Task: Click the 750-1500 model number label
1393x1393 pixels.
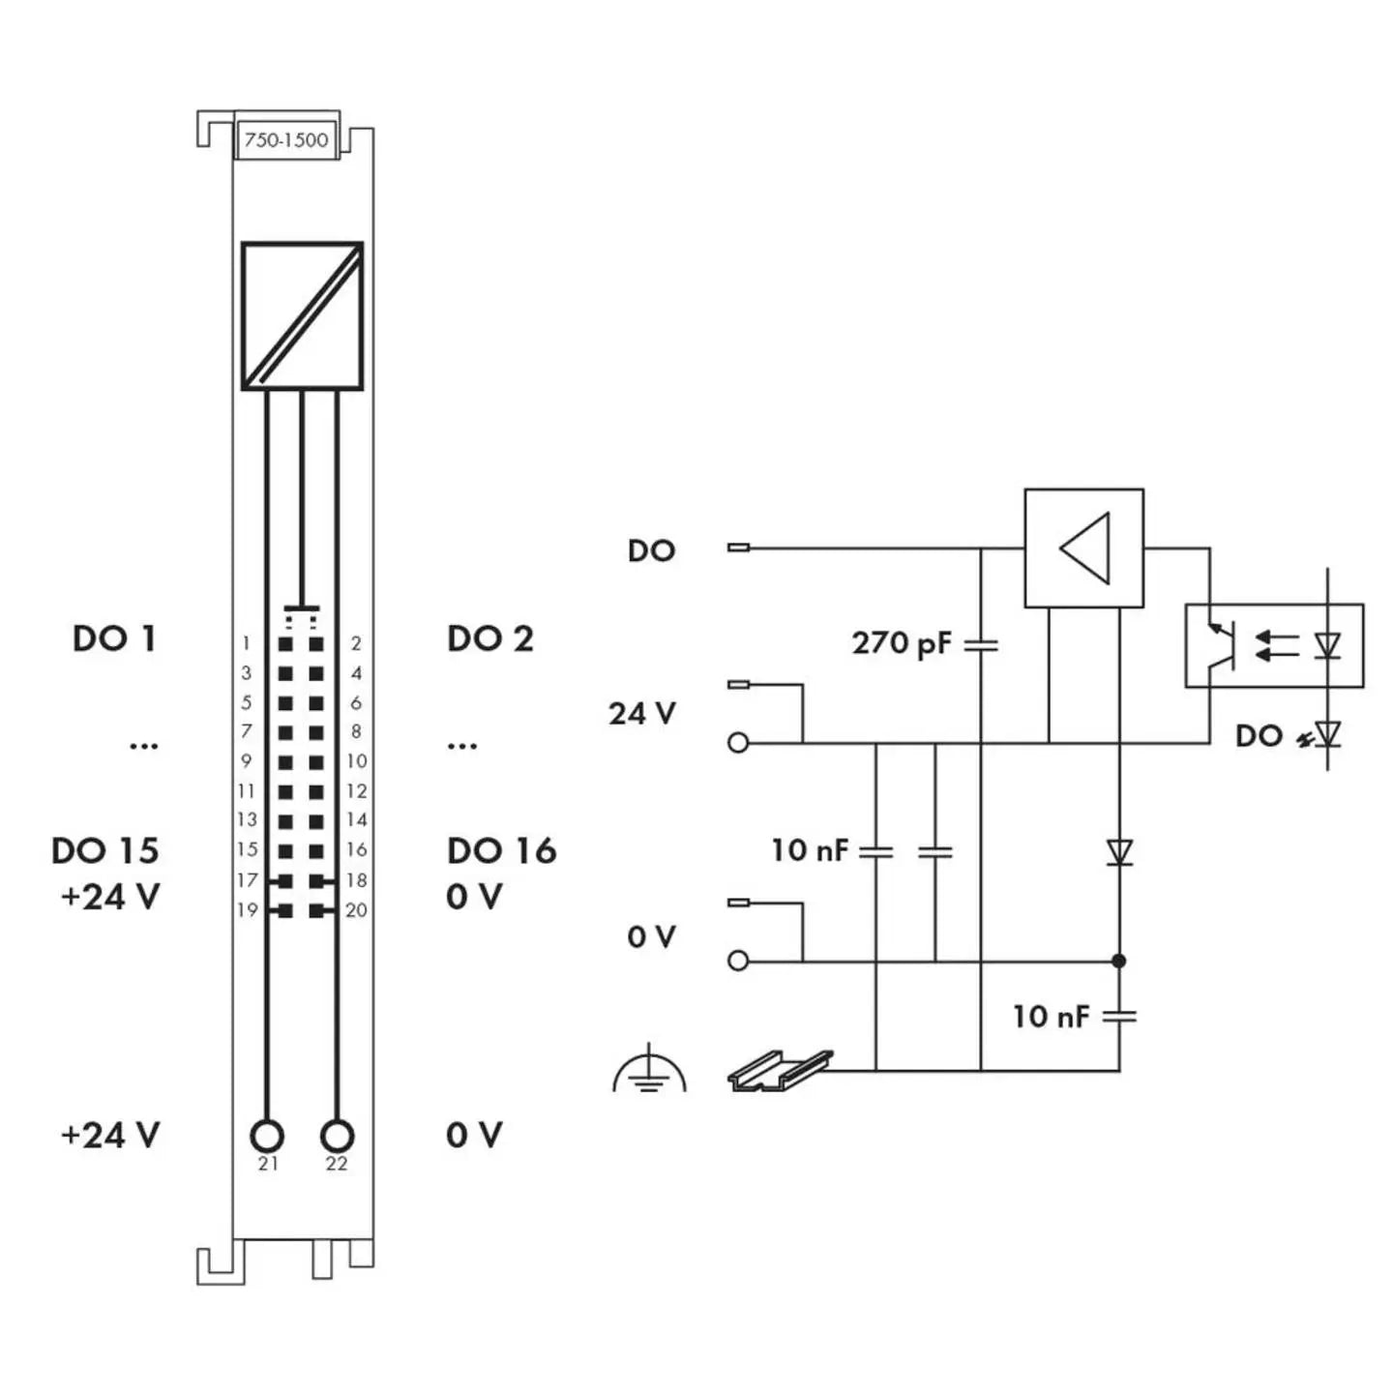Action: click(286, 139)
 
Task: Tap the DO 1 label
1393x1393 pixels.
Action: click(114, 638)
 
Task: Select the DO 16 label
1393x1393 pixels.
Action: click(501, 850)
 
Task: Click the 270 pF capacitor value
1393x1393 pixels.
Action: click(901, 643)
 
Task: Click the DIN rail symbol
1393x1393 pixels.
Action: click(779, 1071)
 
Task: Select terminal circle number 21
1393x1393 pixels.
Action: click(267, 1135)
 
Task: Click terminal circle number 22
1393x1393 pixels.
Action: click(337, 1135)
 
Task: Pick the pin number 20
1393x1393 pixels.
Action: click(356, 910)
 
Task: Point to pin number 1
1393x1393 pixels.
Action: click(247, 643)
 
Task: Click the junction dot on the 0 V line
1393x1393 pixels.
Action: click(1119, 961)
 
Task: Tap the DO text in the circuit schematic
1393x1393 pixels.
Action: click(651, 550)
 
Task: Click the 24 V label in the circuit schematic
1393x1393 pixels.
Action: click(641, 714)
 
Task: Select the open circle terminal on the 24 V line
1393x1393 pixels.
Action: click(738, 743)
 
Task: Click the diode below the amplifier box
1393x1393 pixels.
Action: click(1119, 852)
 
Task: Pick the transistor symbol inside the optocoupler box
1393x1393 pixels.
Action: click(1222, 646)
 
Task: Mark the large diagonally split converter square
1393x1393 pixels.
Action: click(302, 316)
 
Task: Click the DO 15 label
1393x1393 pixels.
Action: click(104, 850)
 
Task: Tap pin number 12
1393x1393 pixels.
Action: click(356, 791)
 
